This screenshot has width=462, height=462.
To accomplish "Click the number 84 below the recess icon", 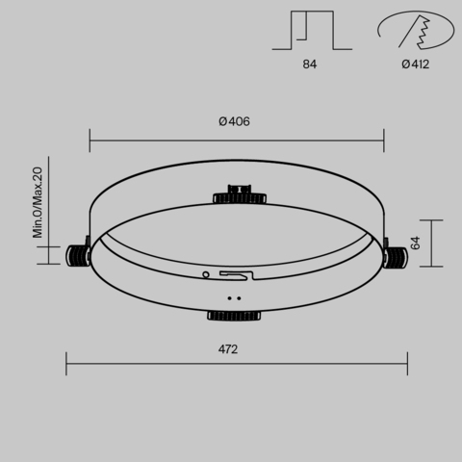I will coord(308,64).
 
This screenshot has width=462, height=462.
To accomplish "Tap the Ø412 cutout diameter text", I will coord(415,64).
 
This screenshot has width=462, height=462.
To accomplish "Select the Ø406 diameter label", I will coord(235,121).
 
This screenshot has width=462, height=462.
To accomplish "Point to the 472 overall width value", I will coord(227,348).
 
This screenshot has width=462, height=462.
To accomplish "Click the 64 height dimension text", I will coord(416,242).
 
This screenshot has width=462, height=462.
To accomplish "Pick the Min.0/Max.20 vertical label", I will coord(38,202).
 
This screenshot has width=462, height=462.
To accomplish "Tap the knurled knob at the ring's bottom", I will coord(233,314).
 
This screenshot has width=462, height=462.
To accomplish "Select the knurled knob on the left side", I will coord(78,255).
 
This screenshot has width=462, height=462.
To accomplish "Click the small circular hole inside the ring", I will coord(205,274).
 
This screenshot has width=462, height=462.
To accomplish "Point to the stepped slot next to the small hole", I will coord(237,275).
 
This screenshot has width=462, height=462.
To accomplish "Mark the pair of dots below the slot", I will coord(233,298).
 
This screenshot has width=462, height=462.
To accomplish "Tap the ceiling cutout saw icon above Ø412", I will coord(415,31).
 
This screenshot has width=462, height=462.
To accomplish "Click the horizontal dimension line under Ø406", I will coord(237,141).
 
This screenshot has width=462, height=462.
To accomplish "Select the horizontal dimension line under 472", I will coord(237,364).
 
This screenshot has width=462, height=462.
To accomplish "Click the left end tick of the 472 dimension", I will coord(66,364).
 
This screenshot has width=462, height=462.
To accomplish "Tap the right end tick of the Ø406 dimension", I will coord(384,141).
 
